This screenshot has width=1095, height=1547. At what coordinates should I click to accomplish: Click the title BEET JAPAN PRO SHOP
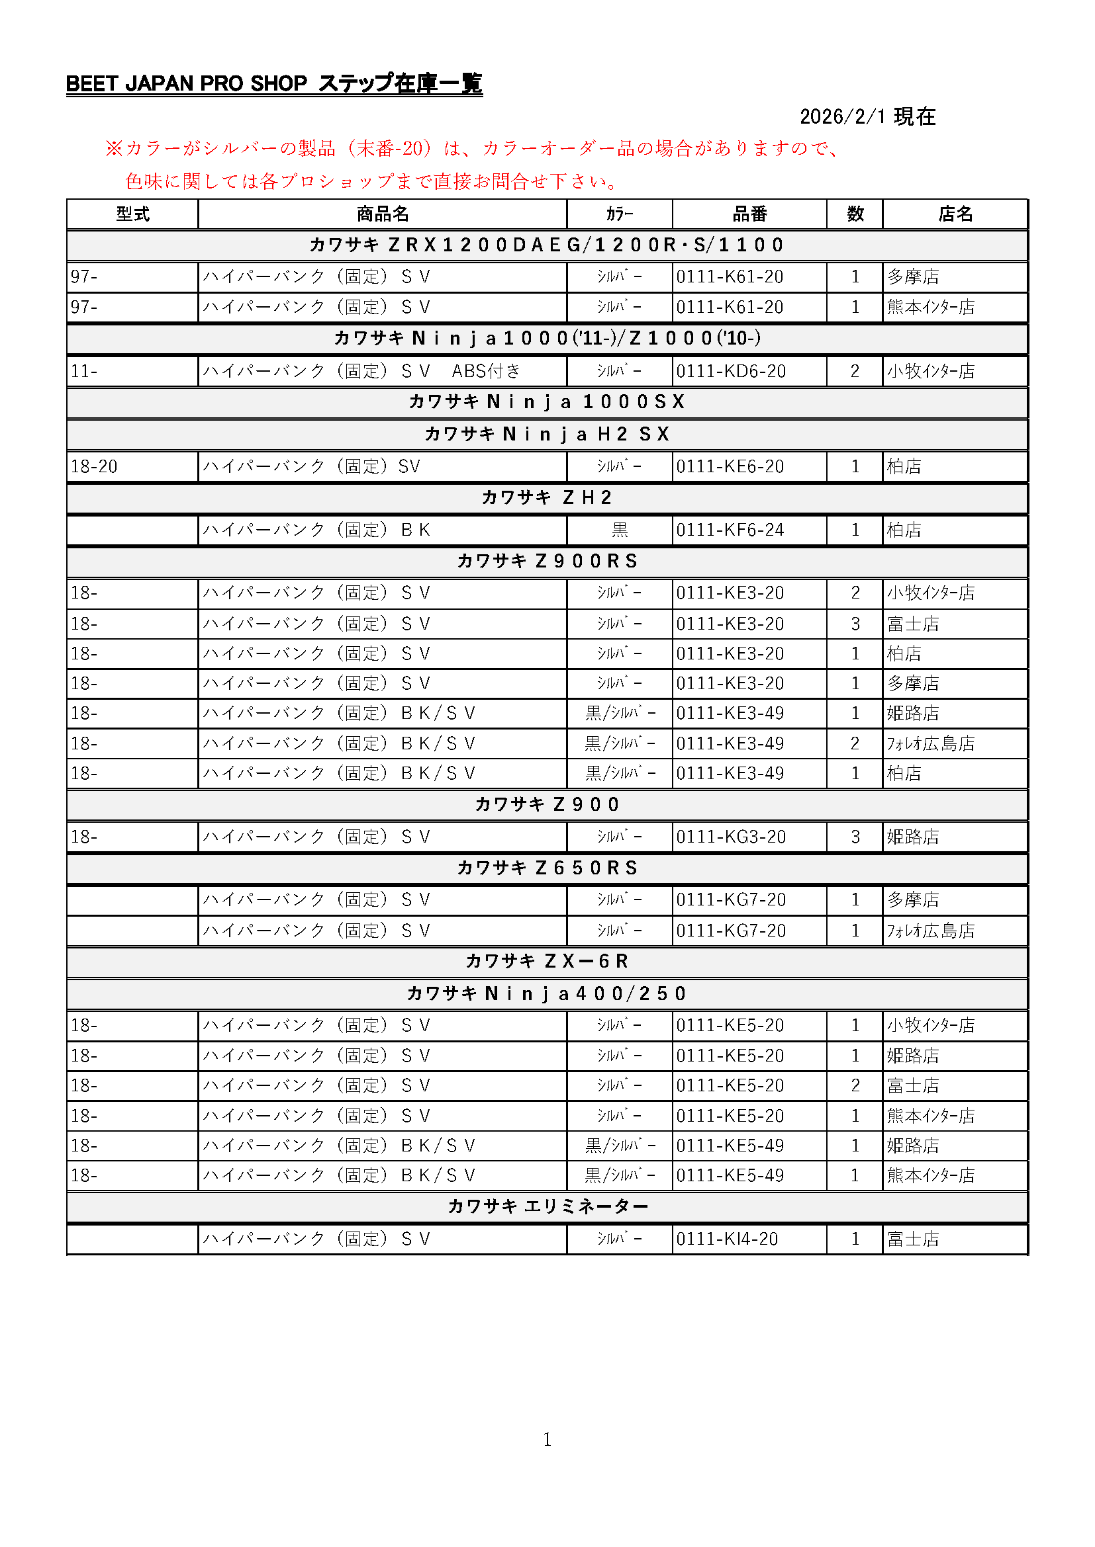(187, 83)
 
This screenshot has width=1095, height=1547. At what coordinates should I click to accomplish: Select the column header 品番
(749, 214)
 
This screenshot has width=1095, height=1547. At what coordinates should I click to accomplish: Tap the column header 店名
(955, 214)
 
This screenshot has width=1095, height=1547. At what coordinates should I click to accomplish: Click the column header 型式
(132, 214)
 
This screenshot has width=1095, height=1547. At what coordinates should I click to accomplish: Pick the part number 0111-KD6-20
(731, 371)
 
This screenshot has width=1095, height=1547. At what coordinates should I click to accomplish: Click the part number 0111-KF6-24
(730, 530)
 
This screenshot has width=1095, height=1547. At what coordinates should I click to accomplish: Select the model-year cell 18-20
(95, 466)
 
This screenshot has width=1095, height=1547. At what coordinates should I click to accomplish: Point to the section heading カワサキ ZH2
(547, 498)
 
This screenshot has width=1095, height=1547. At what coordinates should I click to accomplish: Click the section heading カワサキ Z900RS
(547, 562)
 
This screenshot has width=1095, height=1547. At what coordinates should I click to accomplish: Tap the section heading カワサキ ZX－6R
(547, 962)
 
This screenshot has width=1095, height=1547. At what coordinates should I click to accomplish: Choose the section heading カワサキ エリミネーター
(547, 1207)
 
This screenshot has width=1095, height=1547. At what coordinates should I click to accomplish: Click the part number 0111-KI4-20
(727, 1239)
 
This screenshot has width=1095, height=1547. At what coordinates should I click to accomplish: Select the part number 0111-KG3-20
(731, 837)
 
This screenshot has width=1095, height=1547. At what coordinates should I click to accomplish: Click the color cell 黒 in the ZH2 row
(620, 530)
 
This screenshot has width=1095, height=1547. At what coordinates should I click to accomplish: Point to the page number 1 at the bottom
(547, 1440)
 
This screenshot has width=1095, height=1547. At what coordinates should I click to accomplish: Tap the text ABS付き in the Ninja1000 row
(486, 371)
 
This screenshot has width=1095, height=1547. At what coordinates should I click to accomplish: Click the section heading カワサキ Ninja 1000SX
(547, 402)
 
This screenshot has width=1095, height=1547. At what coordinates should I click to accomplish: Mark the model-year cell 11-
(84, 371)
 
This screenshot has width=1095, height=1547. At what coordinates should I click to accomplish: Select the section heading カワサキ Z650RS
(547, 868)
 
